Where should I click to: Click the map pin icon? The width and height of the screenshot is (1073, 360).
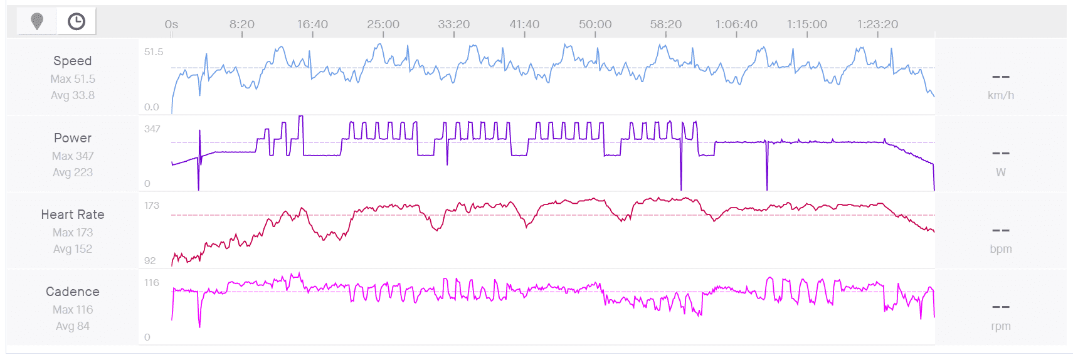tap(37, 21)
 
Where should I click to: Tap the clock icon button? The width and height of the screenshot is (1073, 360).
tap(77, 21)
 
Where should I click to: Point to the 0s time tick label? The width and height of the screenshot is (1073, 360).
tap(171, 24)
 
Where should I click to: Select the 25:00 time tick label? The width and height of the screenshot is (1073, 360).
tap(383, 24)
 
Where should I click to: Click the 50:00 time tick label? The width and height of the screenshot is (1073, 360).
tap(595, 24)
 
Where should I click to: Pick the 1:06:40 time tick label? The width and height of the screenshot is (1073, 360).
tap(736, 24)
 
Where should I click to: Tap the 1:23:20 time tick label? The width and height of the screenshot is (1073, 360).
tap(877, 24)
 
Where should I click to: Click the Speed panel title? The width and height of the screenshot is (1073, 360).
tap(73, 61)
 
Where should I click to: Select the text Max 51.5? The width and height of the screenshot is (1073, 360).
tap(73, 79)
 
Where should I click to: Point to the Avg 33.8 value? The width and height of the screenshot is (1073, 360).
tap(73, 95)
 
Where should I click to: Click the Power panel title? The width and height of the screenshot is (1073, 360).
tap(73, 138)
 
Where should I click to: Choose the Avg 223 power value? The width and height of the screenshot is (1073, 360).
tap(73, 172)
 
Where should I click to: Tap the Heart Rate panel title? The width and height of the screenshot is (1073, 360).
tap(73, 214)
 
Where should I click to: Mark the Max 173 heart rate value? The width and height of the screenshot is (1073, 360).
tap(73, 233)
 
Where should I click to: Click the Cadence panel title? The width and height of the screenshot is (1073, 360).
tap(73, 292)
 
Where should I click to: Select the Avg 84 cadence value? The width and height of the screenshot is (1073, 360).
tap(73, 326)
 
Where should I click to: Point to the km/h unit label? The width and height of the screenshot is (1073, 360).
tap(1000, 95)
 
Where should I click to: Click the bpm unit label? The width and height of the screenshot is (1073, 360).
tap(1000, 249)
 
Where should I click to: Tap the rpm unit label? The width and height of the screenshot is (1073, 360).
tap(1000, 326)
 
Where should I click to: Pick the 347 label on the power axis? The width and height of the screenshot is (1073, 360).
tap(152, 129)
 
